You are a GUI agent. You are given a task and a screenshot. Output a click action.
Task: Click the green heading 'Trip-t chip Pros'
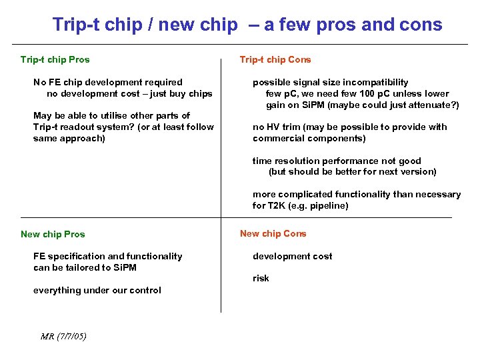tap(55, 59)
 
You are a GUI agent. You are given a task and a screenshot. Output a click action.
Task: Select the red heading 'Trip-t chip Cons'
tap(275, 59)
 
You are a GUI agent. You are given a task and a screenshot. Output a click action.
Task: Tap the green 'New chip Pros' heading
tap(53, 234)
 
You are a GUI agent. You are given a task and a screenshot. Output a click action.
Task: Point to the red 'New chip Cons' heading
tap(273, 233)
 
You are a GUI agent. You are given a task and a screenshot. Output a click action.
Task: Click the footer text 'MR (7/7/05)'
tap(63, 336)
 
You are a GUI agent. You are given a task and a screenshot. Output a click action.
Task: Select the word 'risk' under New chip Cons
tap(261, 278)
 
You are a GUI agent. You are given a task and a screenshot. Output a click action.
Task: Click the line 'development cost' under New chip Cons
tap(292, 256)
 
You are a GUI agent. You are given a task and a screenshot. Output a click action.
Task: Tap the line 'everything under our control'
tap(97, 290)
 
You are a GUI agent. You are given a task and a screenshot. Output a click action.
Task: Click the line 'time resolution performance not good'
tap(337, 161)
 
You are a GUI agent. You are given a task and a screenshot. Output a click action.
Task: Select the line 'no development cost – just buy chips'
tap(129, 93)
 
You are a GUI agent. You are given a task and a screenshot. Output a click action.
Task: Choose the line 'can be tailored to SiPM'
tap(85, 267)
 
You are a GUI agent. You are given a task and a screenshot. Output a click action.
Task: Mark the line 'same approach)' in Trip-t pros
tap(69, 138)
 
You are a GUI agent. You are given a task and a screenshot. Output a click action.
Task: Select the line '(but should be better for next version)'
tap(352, 171)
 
